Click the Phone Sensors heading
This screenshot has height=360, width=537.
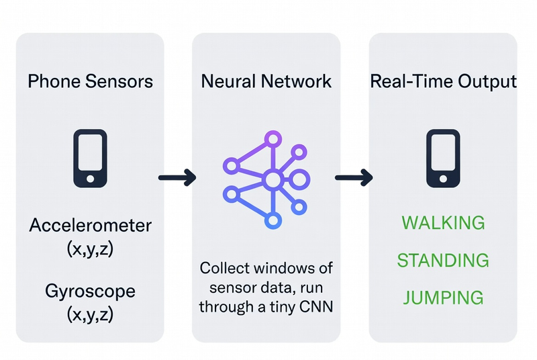click(x=90, y=82)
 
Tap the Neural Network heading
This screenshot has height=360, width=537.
click(x=266, y=82)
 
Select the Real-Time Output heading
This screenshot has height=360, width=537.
click(x=443, y=82)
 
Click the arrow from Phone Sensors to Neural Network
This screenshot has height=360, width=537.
click(x=177, y=178)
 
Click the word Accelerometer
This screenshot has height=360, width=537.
click(x=90, y=225)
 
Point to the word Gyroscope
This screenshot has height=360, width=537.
click(x=90, y=291)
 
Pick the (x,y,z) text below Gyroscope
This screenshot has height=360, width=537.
click(x=90, y=314)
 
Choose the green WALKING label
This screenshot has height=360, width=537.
click(x=443, y=222)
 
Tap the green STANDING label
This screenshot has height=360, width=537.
click(x=443, y=260)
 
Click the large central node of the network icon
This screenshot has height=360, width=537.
click(x=272, y=179)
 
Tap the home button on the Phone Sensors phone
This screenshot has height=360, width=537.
click(x=90, y=178)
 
